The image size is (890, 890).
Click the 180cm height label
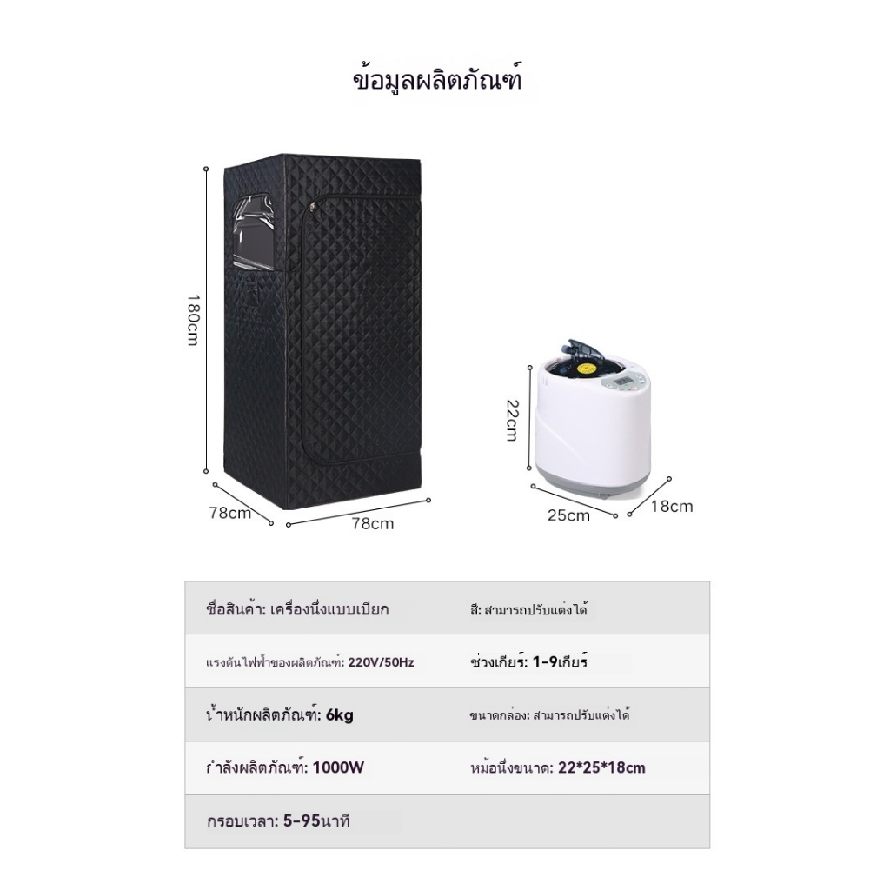[x=193, y=319]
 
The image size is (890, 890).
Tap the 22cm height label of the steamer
[x=512, y=420]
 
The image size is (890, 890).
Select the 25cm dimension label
[x=568, y=515]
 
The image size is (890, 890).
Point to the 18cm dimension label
[x=672, y=507]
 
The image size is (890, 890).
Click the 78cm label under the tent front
[x=372, y=523]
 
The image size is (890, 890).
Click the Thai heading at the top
[x=444, y=80]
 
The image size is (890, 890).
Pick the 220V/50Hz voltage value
[x=382, y=662]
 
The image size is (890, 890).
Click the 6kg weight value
[x=340, y=715]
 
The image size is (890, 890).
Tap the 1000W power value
[x=338, y=768]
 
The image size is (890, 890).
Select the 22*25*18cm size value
[x=602, y=768]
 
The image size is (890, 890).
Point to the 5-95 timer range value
[x=301, y=821]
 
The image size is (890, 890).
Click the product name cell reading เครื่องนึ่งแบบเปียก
[x=330, y=609]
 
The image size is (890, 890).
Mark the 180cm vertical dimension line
[x=206, y=319]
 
